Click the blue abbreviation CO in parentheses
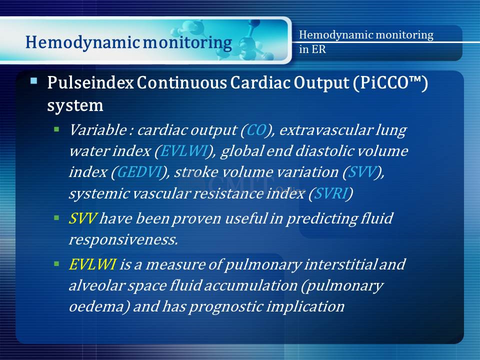pyautogui.click(x=256, y=130)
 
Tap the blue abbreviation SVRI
pyautogui.click(x=330, y=193)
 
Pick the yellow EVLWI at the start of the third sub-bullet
pyautogui.click(x=92, y=264)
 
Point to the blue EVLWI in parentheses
pyautogui.click(x=183, y=151)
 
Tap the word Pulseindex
pyautogui.click(x=90, y=82)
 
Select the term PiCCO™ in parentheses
pyautogui.click(x=390, y=82)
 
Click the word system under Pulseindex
pyautogui.click(x=75, y=106)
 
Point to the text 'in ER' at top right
pyautogui.click(x=312, y=49)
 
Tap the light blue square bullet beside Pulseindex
pyautogui.click(x=33, y=81)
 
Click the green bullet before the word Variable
pyautogui.click(x=56, y=129)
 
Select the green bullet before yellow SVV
pyautogui.click(x=56, y=218)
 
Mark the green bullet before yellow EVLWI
pyautogui.click(x=56, y=264)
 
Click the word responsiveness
pyautogui.click(x=123, y=239)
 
